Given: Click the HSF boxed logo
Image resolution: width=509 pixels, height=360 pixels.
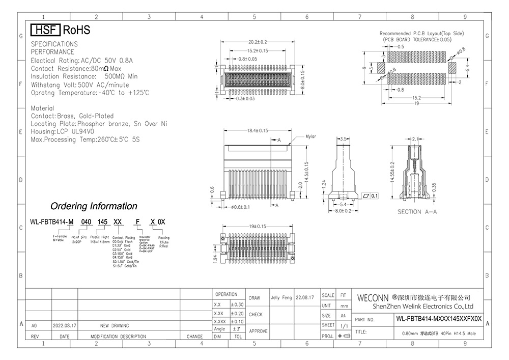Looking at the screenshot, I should [x=46, y=30].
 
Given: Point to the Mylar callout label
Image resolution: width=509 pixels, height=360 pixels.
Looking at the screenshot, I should [x=311, y=136].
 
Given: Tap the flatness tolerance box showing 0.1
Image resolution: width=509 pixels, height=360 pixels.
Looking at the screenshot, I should [x=370, y=196].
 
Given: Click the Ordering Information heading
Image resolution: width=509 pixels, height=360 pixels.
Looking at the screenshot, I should [x=93, y=206].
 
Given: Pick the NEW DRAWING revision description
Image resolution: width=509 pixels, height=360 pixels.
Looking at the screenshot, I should [x=115, y=325].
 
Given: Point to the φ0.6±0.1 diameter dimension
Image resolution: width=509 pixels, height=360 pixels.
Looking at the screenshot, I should [x=241, y=207].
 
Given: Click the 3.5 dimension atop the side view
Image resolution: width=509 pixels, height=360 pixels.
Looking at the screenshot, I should [x=344, y=139].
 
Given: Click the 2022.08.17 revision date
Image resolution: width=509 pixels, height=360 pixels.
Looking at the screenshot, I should [x=65, y=325].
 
